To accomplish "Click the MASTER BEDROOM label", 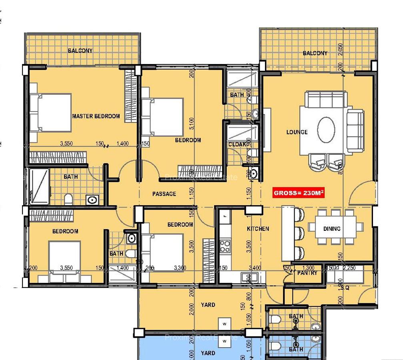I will (96, 116).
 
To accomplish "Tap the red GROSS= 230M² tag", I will (299, 193).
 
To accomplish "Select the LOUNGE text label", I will (297, 132).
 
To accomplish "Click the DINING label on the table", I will (332, 229).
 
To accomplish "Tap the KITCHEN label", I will (258, 229).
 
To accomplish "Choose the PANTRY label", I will (307, 273).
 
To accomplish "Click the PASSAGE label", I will (164, 194).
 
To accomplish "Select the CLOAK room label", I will (237, 144).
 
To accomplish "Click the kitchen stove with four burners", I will (225, 245).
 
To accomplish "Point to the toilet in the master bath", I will (68, 198).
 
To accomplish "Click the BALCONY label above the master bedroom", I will (80, 51).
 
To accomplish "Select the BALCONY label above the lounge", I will (315, 53).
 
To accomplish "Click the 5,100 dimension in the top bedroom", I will (192, 123).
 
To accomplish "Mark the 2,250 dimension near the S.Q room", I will (349, 268).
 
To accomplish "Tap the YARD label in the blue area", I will (208, 353).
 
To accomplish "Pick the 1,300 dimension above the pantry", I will (308, 268).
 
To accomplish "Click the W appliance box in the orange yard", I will (225, 323).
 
